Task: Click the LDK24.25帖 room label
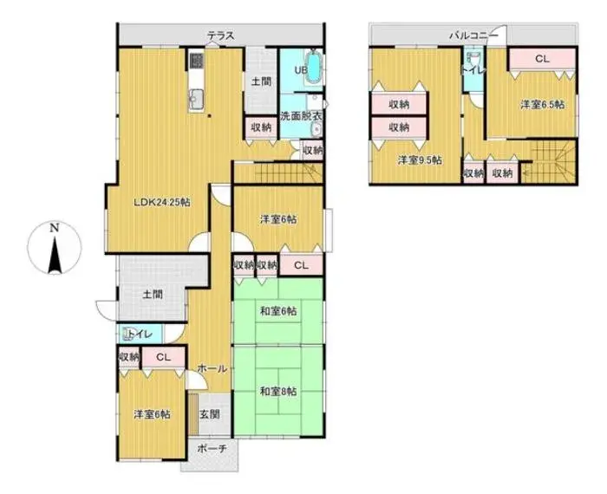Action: pos(162,202)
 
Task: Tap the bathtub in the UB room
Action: pos(314,68)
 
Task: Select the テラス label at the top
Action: pos(221,36)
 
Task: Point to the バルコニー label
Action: pos(473,36)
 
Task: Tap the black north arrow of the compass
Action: pos(55,256)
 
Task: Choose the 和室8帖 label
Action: pos(278,392)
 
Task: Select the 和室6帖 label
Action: pos(278,310)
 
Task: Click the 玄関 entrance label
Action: pos(210,414)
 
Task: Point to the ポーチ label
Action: pos(212,448)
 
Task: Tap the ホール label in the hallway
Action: pos(212,368)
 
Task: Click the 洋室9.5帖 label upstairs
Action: pos(420,160)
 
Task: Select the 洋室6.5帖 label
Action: pos(542,104)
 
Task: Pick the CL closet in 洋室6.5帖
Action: pos(542,59)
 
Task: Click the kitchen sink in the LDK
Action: pos(196,100)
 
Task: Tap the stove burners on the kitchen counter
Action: pos(197,61)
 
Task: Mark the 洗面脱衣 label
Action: pos(302,115)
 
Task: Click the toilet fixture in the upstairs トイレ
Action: pos(473,59)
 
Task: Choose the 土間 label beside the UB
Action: pos(261,81)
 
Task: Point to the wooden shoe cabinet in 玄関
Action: pos(193,414)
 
